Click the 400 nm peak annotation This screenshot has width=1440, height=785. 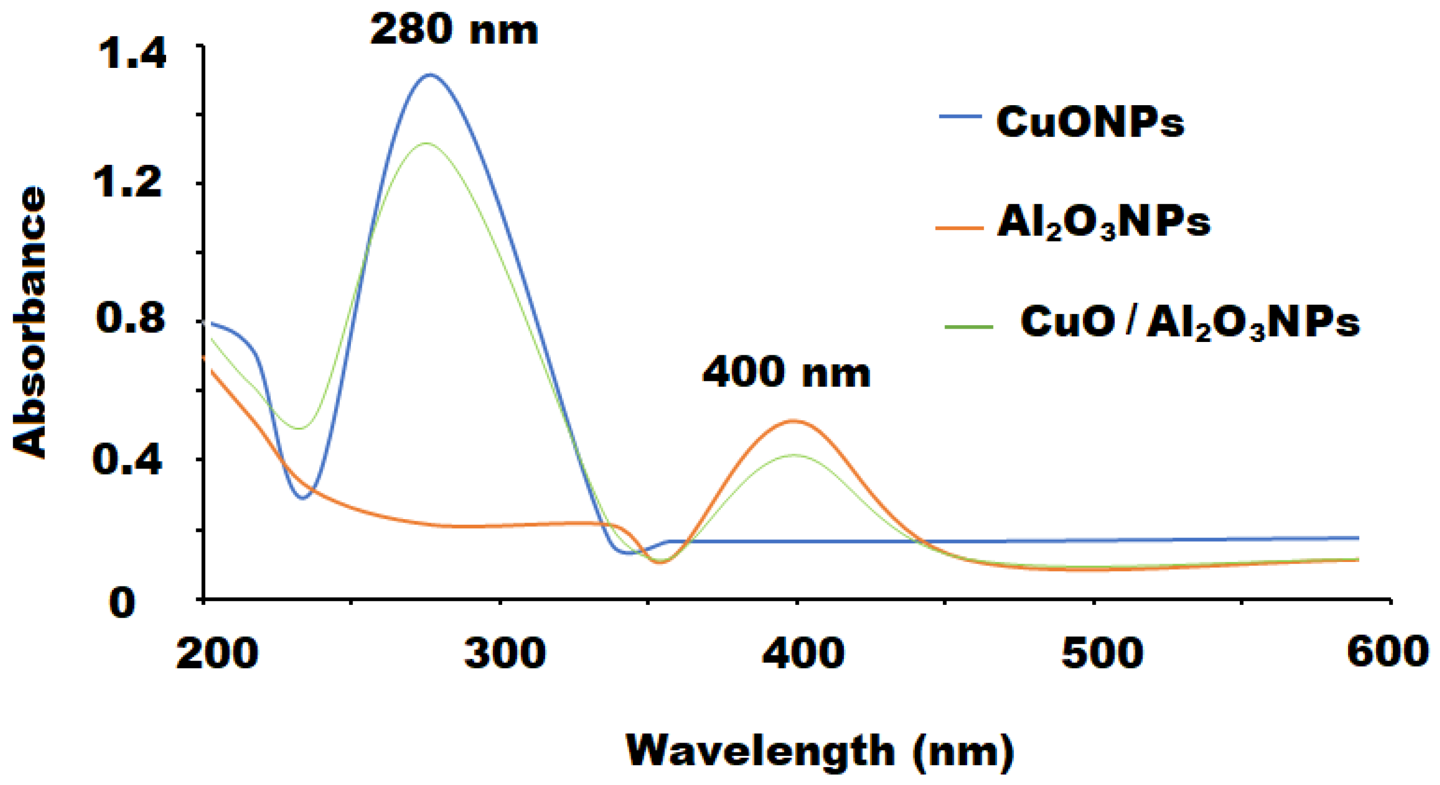787,373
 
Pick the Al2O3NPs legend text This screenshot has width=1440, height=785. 1104,223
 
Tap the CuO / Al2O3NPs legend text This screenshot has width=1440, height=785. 1190,323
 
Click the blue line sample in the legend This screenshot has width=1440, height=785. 960,116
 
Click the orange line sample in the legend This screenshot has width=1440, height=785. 959,228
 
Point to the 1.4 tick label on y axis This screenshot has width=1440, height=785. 132,54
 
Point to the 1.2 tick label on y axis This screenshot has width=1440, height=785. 129,182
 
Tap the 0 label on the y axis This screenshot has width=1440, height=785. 122,603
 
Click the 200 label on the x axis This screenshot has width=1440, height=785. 217,653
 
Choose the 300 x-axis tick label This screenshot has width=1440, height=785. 505,653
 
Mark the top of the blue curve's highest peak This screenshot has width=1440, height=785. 430,75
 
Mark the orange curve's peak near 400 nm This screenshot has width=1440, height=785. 793,420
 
